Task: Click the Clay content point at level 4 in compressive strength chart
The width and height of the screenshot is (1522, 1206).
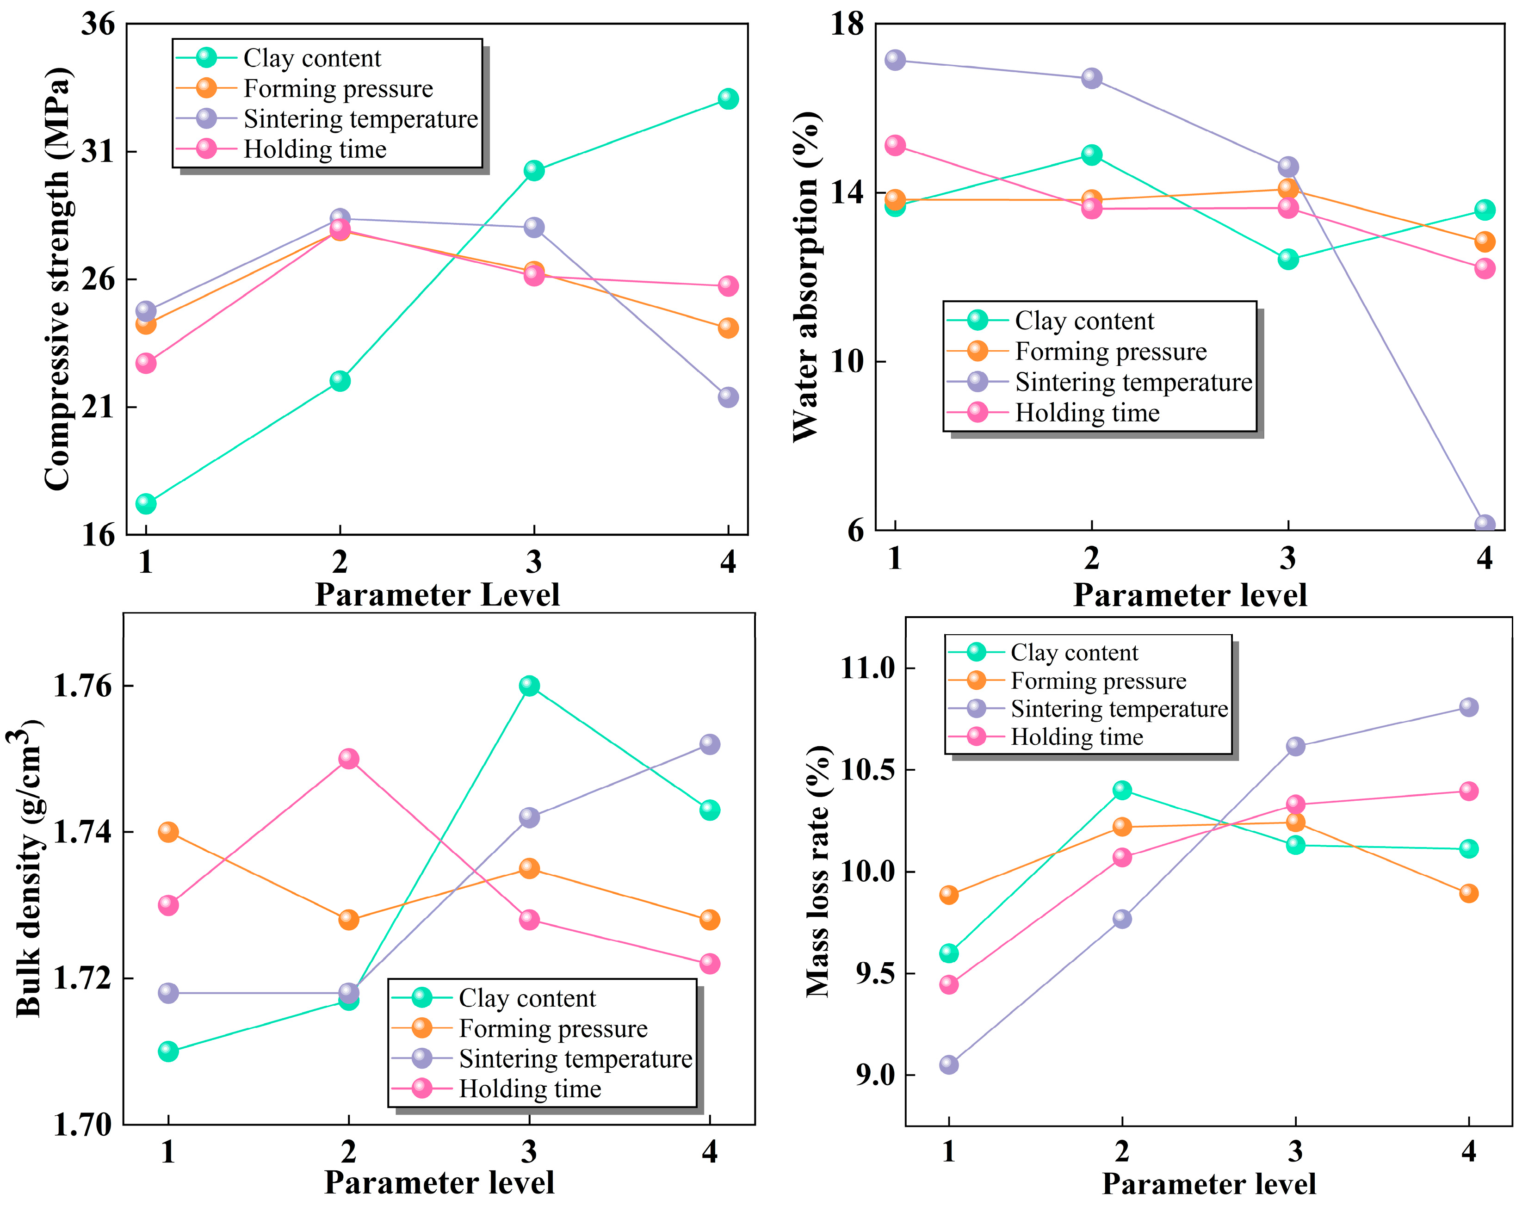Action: (x=728, y=99)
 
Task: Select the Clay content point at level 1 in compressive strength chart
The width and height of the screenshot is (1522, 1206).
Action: (x=145, y=503)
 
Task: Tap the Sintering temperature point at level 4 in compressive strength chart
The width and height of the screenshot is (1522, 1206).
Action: (x=728, y=397)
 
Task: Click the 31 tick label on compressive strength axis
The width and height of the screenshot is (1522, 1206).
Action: (x=98, y=152)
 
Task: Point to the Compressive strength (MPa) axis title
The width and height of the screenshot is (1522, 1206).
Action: (x=58, y=279)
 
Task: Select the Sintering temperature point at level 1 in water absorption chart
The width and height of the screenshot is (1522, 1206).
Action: (x=895, y=60)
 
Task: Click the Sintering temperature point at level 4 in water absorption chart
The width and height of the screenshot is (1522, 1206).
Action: (x=1485, y=525)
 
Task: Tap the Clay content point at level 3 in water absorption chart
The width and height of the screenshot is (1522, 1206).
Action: (x=1288, y=259)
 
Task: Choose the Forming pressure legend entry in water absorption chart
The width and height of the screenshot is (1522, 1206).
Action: (x=1110, y=352)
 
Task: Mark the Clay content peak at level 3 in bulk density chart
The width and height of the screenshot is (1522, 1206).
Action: (x=529, y=686)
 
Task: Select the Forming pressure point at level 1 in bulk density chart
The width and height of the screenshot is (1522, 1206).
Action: (x=168, y=832)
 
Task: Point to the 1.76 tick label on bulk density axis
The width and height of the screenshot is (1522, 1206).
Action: (x=83, y=686)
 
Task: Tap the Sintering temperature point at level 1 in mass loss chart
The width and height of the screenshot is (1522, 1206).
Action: (x=949, y=1064)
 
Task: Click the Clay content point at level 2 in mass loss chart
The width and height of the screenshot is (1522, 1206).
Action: (x=1122, y=790)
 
